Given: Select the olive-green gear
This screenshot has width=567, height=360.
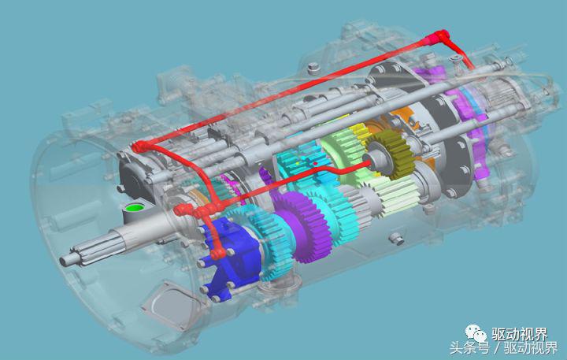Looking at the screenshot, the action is pos(392,154).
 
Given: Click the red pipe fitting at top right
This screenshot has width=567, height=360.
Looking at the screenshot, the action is pos(439,37).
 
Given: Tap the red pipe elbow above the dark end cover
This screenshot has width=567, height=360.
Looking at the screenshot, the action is pos(140,147).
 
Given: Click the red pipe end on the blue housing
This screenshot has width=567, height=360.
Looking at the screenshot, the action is pos(217,254).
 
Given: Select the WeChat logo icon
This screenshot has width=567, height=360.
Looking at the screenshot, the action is pos(476,333).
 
